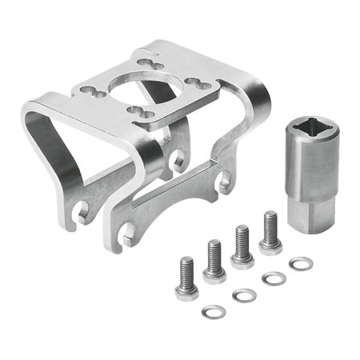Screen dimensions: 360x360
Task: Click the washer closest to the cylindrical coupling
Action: (301, 263)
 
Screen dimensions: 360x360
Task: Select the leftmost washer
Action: (214, 311)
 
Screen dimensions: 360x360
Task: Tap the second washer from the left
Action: (244, 295)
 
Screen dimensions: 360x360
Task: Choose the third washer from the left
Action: (274, 278)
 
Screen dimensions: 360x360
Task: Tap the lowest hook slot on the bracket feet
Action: (129, 234)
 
